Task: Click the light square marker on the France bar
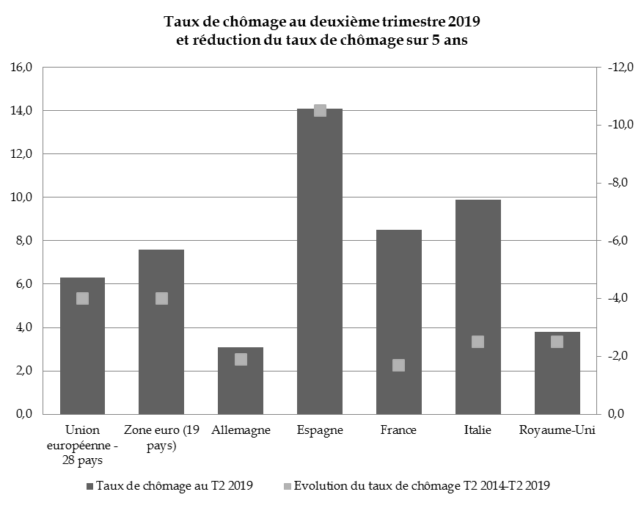399,365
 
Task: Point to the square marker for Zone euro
161,298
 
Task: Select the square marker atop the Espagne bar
320,110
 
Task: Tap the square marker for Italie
477,341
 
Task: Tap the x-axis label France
398,430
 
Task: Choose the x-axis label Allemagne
241,430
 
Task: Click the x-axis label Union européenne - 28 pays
82,445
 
